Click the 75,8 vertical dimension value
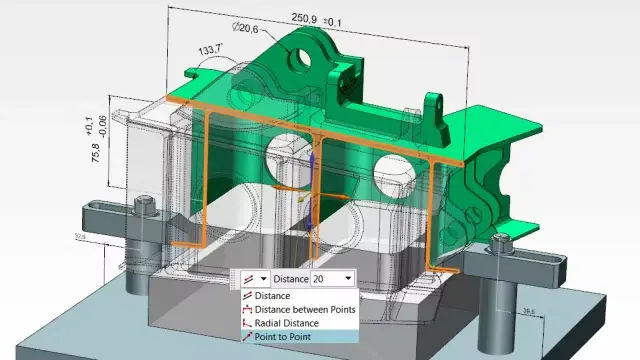coord(97,155)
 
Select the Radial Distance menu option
coord(286,323)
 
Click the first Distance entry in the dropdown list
coord(272,295)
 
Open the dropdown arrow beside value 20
coord(347,279)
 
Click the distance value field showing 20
coord(326,279)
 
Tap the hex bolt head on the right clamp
coord(501,239)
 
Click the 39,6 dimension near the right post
coord(528,310)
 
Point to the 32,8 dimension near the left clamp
coord(106,237)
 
